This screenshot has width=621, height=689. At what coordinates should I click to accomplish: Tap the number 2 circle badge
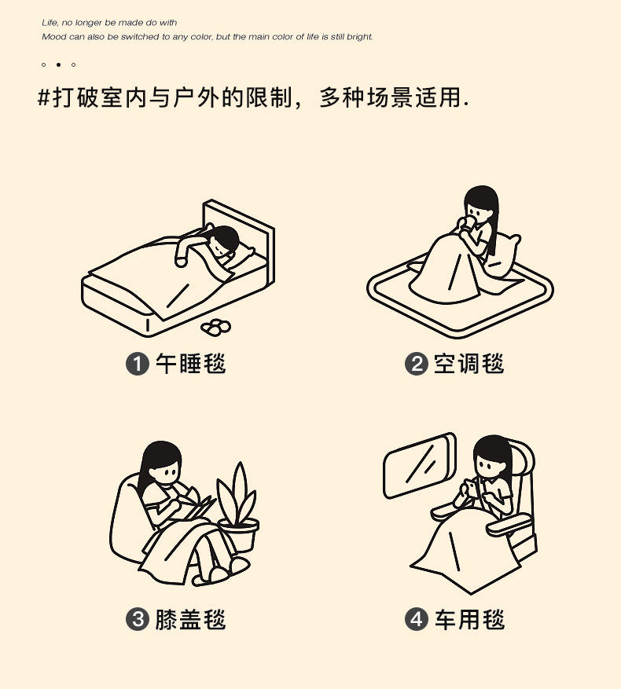416,364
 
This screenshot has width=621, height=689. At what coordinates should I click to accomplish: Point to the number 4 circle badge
416,619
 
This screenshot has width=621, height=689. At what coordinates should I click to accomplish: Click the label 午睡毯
190,364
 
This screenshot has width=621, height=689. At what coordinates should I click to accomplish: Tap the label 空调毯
469,364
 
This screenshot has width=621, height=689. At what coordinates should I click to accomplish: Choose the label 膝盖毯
190,619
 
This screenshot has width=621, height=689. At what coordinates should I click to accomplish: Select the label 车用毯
469,619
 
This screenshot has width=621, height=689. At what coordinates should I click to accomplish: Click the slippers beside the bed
215,325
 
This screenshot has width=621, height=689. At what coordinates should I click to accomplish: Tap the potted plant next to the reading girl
237,511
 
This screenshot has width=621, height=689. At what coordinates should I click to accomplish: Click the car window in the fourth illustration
420,465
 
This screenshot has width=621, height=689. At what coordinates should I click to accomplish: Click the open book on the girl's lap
197,508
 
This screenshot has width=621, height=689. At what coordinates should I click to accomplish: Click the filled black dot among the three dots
58,64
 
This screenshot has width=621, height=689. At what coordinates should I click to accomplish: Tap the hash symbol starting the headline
45,99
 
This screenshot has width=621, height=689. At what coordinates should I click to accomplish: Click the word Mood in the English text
53,37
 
